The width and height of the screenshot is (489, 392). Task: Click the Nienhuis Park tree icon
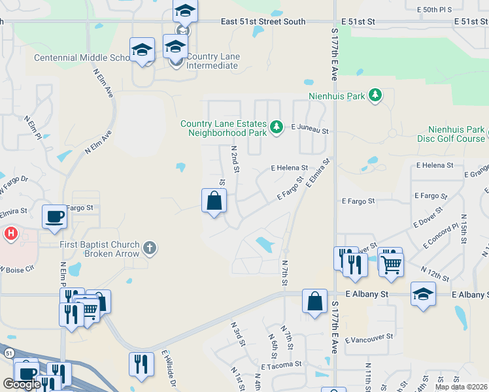click(x=375, y=96)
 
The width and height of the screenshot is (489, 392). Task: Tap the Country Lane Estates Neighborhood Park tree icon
click(x=277, y=127)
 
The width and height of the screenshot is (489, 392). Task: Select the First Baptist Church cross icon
click(x=150, y=248)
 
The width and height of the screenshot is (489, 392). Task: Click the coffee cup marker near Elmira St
click(x=54, y=216)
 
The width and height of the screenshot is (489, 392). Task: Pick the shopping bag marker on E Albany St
click(x=314, y=301)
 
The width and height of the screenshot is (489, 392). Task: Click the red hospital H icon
click(x=10, y=233)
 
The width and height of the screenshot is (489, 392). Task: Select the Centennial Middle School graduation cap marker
click(x=142, y=50)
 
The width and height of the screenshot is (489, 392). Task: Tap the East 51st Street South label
click(x=263, y=22)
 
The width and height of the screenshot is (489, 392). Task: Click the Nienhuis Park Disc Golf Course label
click(x=452, y=134)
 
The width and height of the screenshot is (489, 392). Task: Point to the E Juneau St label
click(x=309, y=131)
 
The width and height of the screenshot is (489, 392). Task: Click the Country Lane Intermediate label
click(x=212, y=61)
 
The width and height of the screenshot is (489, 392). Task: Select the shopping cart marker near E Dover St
click(x=391, y=263)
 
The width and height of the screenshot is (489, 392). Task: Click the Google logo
click(x=22, y=384)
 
